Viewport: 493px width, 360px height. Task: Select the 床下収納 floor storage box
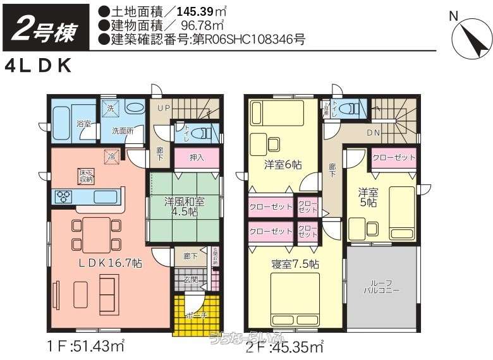[x=87, y=176]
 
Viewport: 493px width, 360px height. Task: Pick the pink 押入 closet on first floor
[x=197, y=157]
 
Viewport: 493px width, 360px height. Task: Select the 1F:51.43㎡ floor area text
[x=83, y=345]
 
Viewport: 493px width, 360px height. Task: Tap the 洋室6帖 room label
[x=283, y=164]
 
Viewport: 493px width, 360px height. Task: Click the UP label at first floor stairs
[x=163, y=108]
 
